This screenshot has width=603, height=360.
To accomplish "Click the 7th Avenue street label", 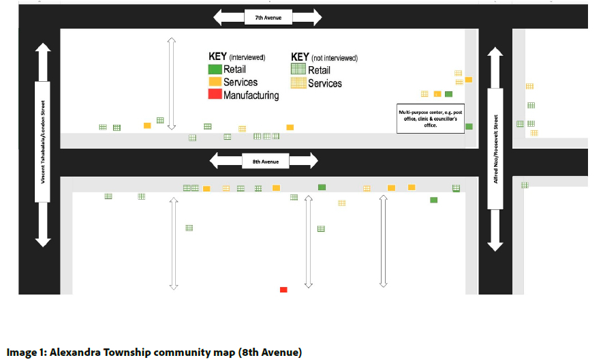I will point(268,17).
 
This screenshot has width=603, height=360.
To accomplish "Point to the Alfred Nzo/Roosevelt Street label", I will point(495,149).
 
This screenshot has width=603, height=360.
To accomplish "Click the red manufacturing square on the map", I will point(283,290).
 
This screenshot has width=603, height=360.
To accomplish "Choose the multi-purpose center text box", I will point(431,117).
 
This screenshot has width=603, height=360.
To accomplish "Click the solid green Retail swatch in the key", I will point(215,70).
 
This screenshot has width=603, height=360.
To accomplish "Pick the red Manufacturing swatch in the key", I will point(215,95).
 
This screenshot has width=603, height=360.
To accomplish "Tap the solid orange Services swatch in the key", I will point(215,82).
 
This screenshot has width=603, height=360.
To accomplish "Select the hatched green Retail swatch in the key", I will point(298,70).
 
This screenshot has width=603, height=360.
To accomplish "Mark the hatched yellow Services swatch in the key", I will point(298,83).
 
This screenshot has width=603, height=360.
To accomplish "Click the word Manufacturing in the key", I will point(251,95).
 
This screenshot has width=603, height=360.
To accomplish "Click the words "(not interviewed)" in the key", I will point(333,58).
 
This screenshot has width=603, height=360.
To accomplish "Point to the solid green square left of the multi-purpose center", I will point(448,94).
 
